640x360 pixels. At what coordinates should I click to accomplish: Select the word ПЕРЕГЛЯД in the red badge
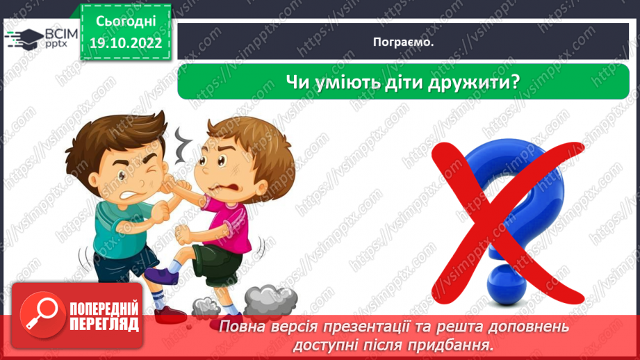pos(104,324)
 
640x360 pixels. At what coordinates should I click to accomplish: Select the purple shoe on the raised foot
pos(161,275)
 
